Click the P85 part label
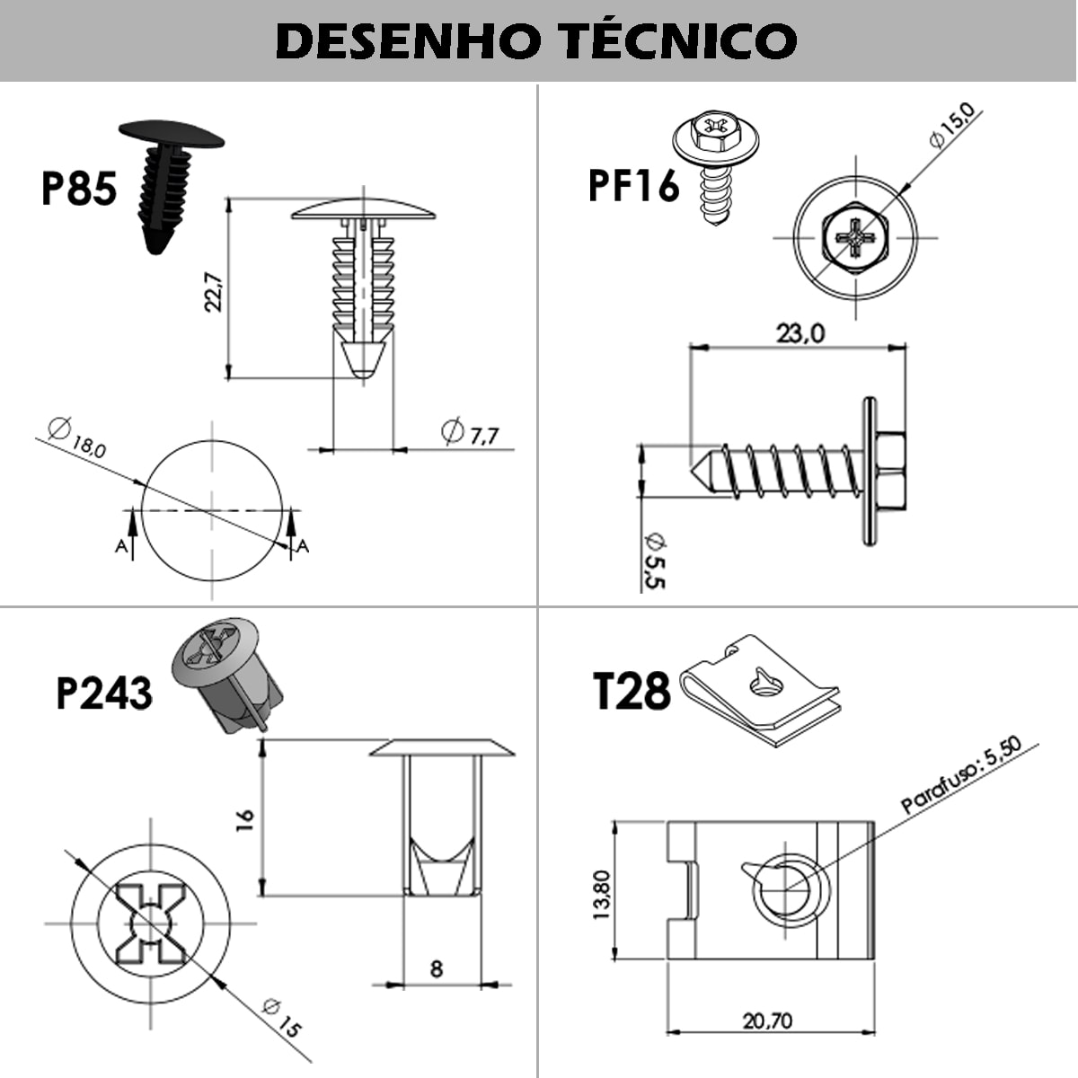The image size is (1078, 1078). (x=79, y=189)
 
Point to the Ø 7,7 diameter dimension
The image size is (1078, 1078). (x=470, y=433)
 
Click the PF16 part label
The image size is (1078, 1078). (x=633, y=186)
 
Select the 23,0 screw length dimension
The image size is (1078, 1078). (x=800, y=333)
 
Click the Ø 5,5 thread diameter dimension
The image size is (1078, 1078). (x=654, y=561)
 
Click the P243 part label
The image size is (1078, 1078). (x=103, y=693)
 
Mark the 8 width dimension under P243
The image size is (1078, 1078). (x=437, y=968)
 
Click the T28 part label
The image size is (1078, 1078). (x=632, y=692)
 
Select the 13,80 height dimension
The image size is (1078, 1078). (x=601, y=894)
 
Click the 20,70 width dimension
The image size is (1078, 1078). (x=768, y=1021)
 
